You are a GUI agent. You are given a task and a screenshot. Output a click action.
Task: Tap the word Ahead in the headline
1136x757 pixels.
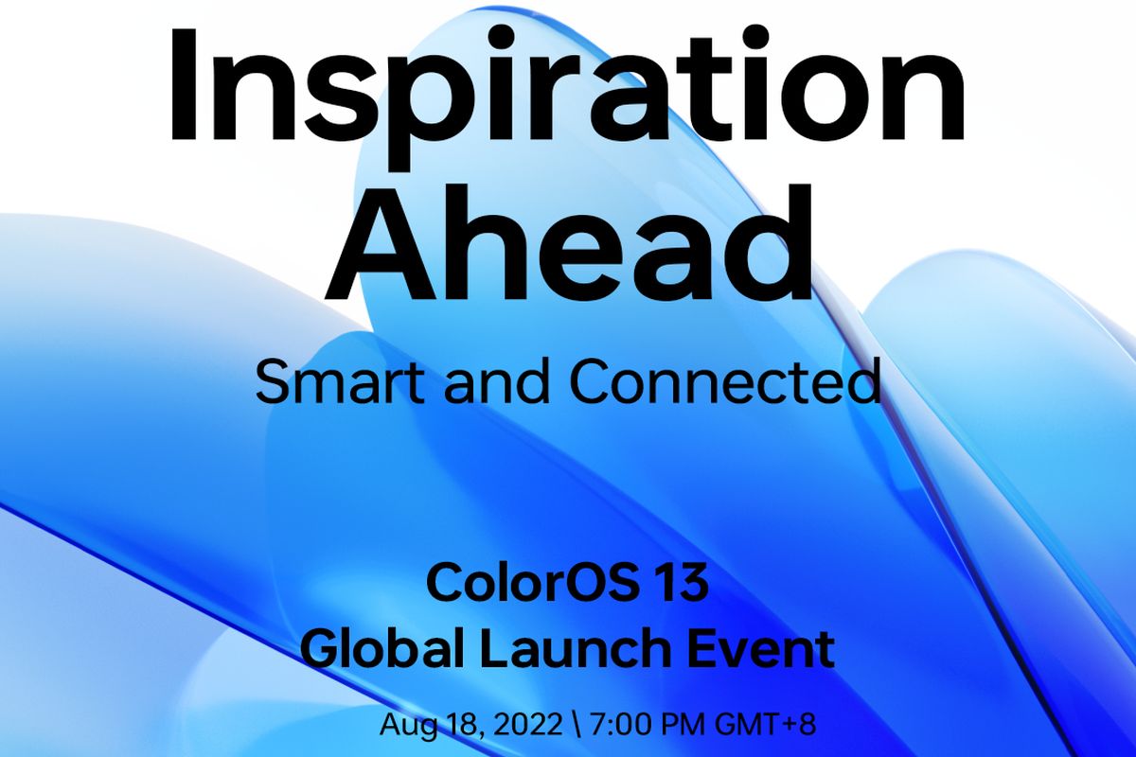[x=566, y=244]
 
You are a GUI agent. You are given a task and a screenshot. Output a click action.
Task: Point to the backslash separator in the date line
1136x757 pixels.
[x=574, y=726]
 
